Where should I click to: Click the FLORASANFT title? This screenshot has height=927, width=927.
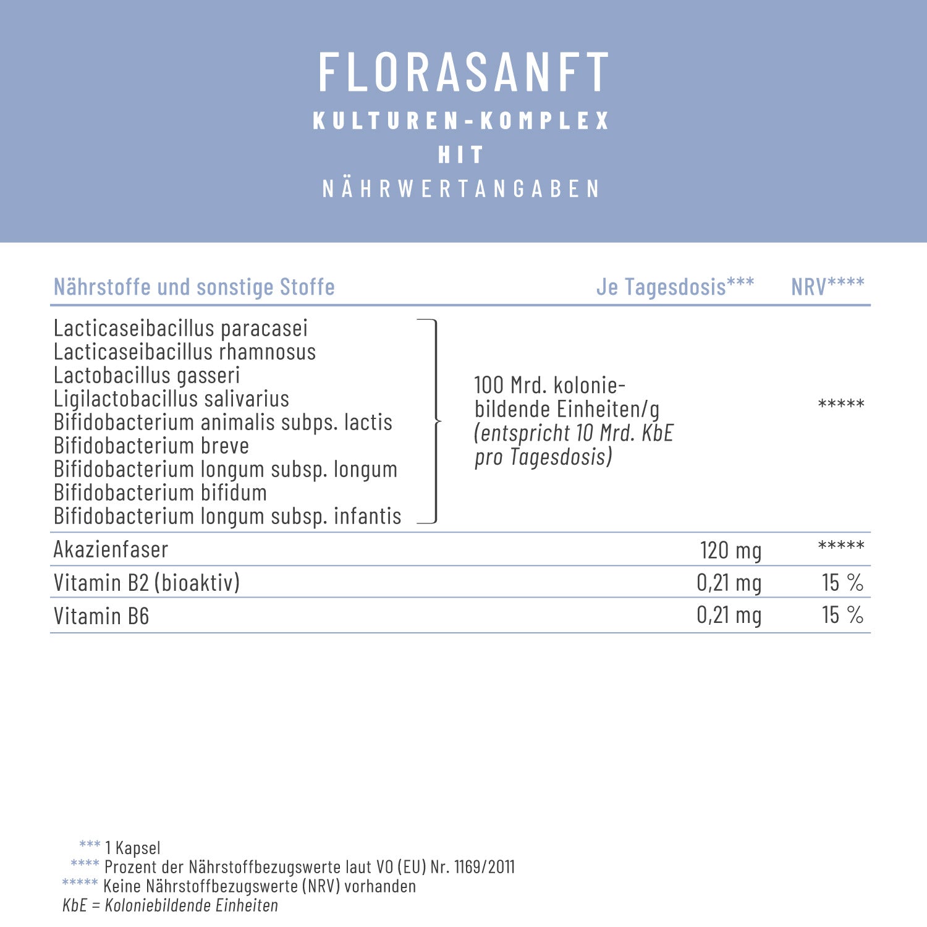tap(463, 72)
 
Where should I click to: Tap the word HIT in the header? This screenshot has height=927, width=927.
tap(460, 154)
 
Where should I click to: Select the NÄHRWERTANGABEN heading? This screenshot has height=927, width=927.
tap(461, 188)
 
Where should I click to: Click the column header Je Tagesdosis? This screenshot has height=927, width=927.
tap(675, 287)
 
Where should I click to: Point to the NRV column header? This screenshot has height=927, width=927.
tap(828, 287)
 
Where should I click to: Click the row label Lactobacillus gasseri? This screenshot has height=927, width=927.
tap(146, 376)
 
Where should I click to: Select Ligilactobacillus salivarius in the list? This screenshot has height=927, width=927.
tap(171, 399)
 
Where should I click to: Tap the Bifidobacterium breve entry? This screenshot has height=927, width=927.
tap(151, 446)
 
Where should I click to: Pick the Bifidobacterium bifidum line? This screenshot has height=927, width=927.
tap(160, 493)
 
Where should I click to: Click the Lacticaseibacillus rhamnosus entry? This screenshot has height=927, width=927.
tap(185, 352)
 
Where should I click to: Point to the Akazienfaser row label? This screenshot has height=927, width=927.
tap(111, 549)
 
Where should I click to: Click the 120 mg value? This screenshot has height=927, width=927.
tap(730, 550)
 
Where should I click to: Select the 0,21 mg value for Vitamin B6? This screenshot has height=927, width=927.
tap(729, 615)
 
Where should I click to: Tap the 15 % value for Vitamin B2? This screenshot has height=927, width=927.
tap(842, 582)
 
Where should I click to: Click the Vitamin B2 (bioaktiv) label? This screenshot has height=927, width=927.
tap(146, 583)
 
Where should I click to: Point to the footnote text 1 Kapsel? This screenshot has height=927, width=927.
tap(132, 848)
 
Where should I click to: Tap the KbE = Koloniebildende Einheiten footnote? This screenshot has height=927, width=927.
tap(170, 905)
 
